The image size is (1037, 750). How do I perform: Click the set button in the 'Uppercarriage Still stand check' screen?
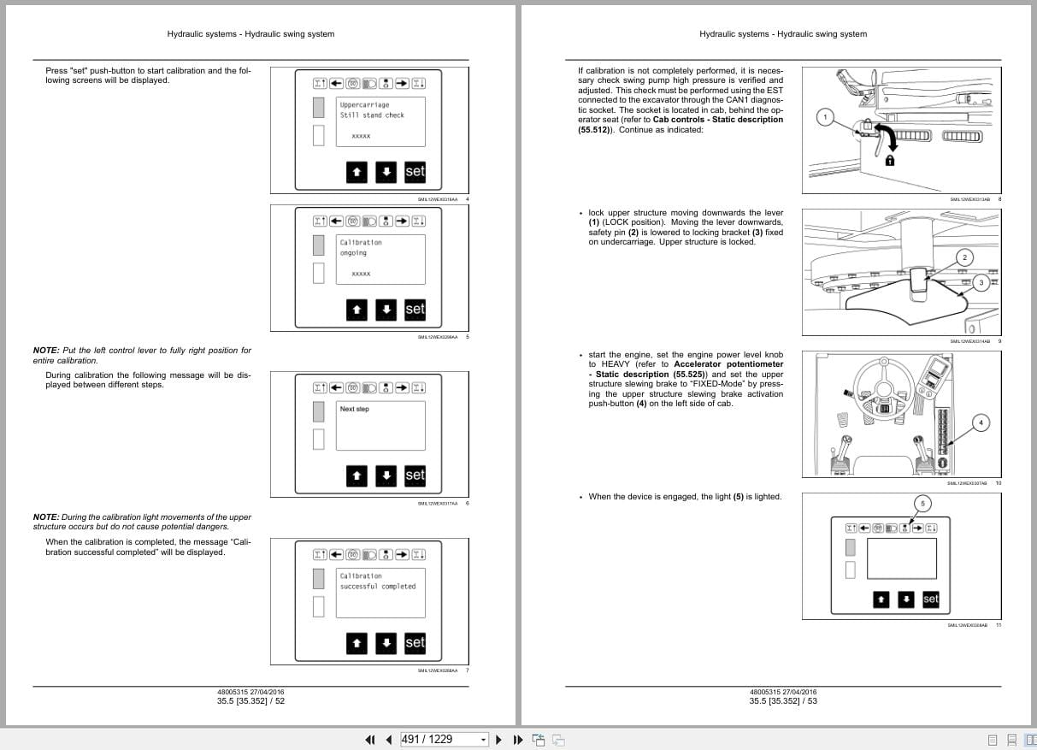tap(415, 172)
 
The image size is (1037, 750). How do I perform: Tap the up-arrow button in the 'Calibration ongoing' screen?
tap(357, 310)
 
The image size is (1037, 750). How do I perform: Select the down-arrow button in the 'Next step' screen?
tap(386, 475)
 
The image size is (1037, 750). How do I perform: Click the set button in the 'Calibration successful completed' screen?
tap(415, 642)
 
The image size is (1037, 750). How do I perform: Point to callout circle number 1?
tap(826, 116)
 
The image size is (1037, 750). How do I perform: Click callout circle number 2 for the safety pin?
tap(964, 257)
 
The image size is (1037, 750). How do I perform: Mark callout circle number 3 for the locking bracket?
tap(981, 282)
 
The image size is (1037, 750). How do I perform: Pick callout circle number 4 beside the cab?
tap(981, 422)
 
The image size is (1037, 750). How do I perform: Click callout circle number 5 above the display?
tap(922, 503)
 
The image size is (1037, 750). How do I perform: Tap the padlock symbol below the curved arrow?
tap(890, 160)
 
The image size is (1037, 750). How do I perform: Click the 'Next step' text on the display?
tap(355, 410)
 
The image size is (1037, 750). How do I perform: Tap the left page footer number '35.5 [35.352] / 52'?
tap(250, 701)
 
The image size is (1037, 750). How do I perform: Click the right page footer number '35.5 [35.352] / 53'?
tap(783, 701)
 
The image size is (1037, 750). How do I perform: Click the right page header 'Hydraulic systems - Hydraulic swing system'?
tap(782, 34)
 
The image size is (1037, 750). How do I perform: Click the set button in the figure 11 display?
tap(930, 599)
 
